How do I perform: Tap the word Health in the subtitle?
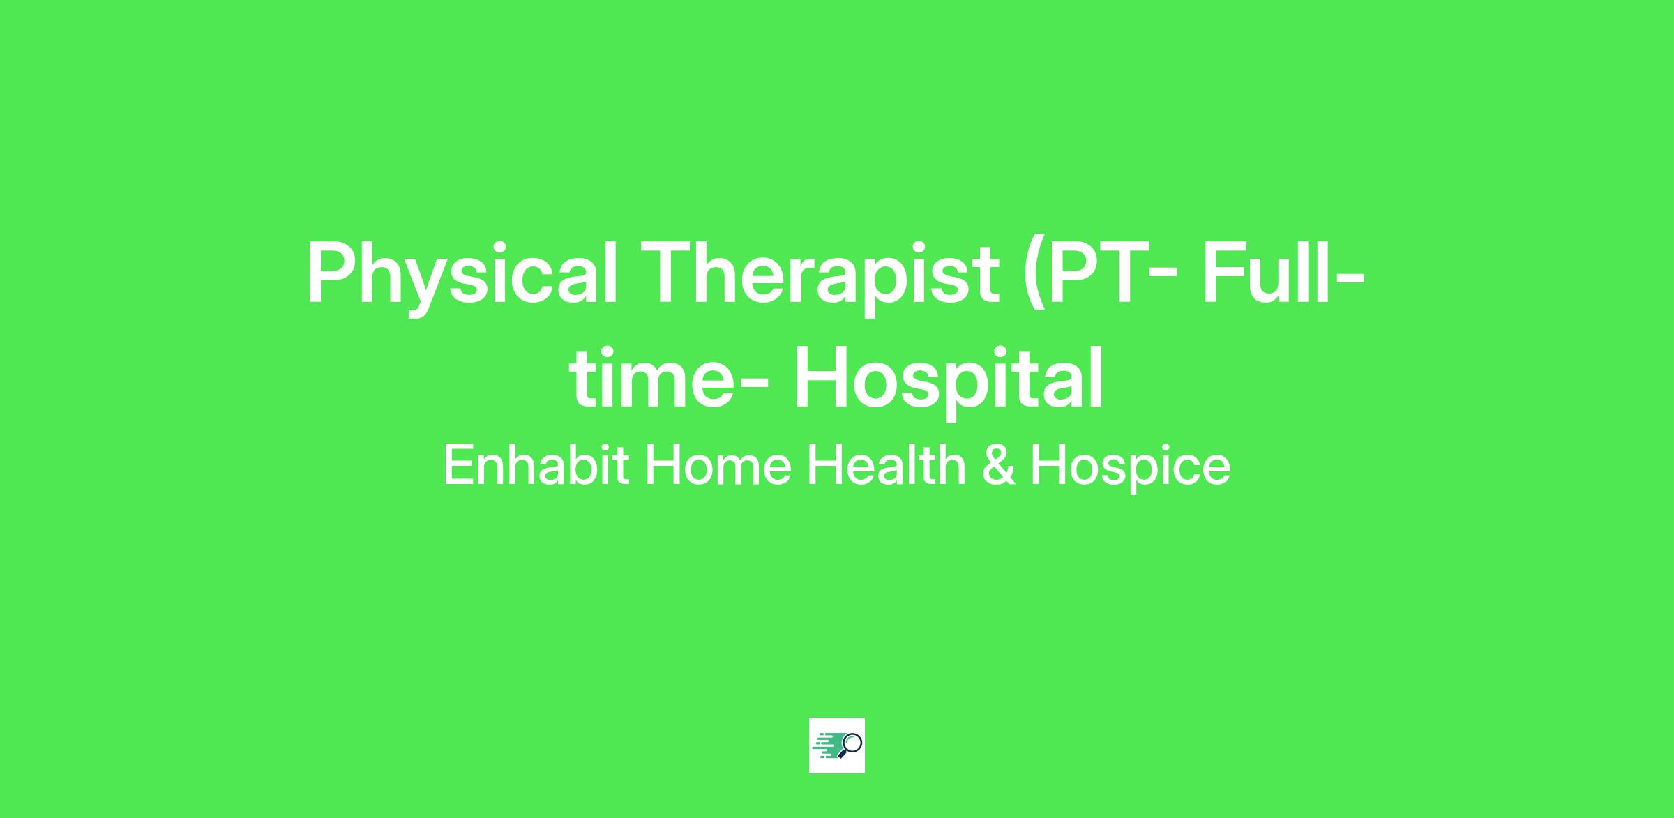(886, 465)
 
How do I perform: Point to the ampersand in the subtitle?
(998, 466)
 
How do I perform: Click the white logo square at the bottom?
(837, 745)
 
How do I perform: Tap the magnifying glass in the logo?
(850, 745)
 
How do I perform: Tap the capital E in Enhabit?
(460, 466)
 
